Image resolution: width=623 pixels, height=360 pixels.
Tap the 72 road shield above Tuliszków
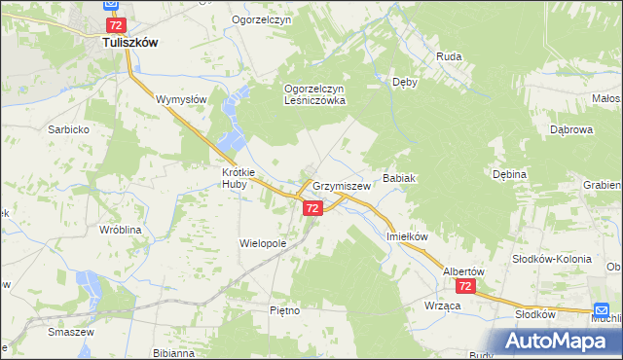[116, 24]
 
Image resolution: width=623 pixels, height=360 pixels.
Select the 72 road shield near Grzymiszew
[312, 208]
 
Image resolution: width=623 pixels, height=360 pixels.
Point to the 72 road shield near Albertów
[466, 286]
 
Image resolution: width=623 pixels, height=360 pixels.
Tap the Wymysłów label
[181, 99]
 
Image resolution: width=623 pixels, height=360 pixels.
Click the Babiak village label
[400, 179]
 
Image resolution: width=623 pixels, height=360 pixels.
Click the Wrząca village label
[443, 305]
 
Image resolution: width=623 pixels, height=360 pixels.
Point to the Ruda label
[449, 56]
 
